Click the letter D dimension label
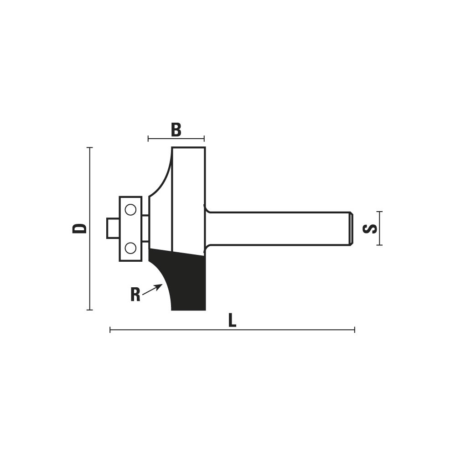(x=79, y=228)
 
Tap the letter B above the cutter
(x=176, y=130)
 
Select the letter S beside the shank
(x=370, y=228)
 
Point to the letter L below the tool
(x=232, y=321)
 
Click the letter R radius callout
(x=135, y=295)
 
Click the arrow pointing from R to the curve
(x=152, y=290)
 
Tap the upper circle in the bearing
(x=130, y=210)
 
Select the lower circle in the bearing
(x=130, y=248)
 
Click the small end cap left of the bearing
(x=113, y=228)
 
